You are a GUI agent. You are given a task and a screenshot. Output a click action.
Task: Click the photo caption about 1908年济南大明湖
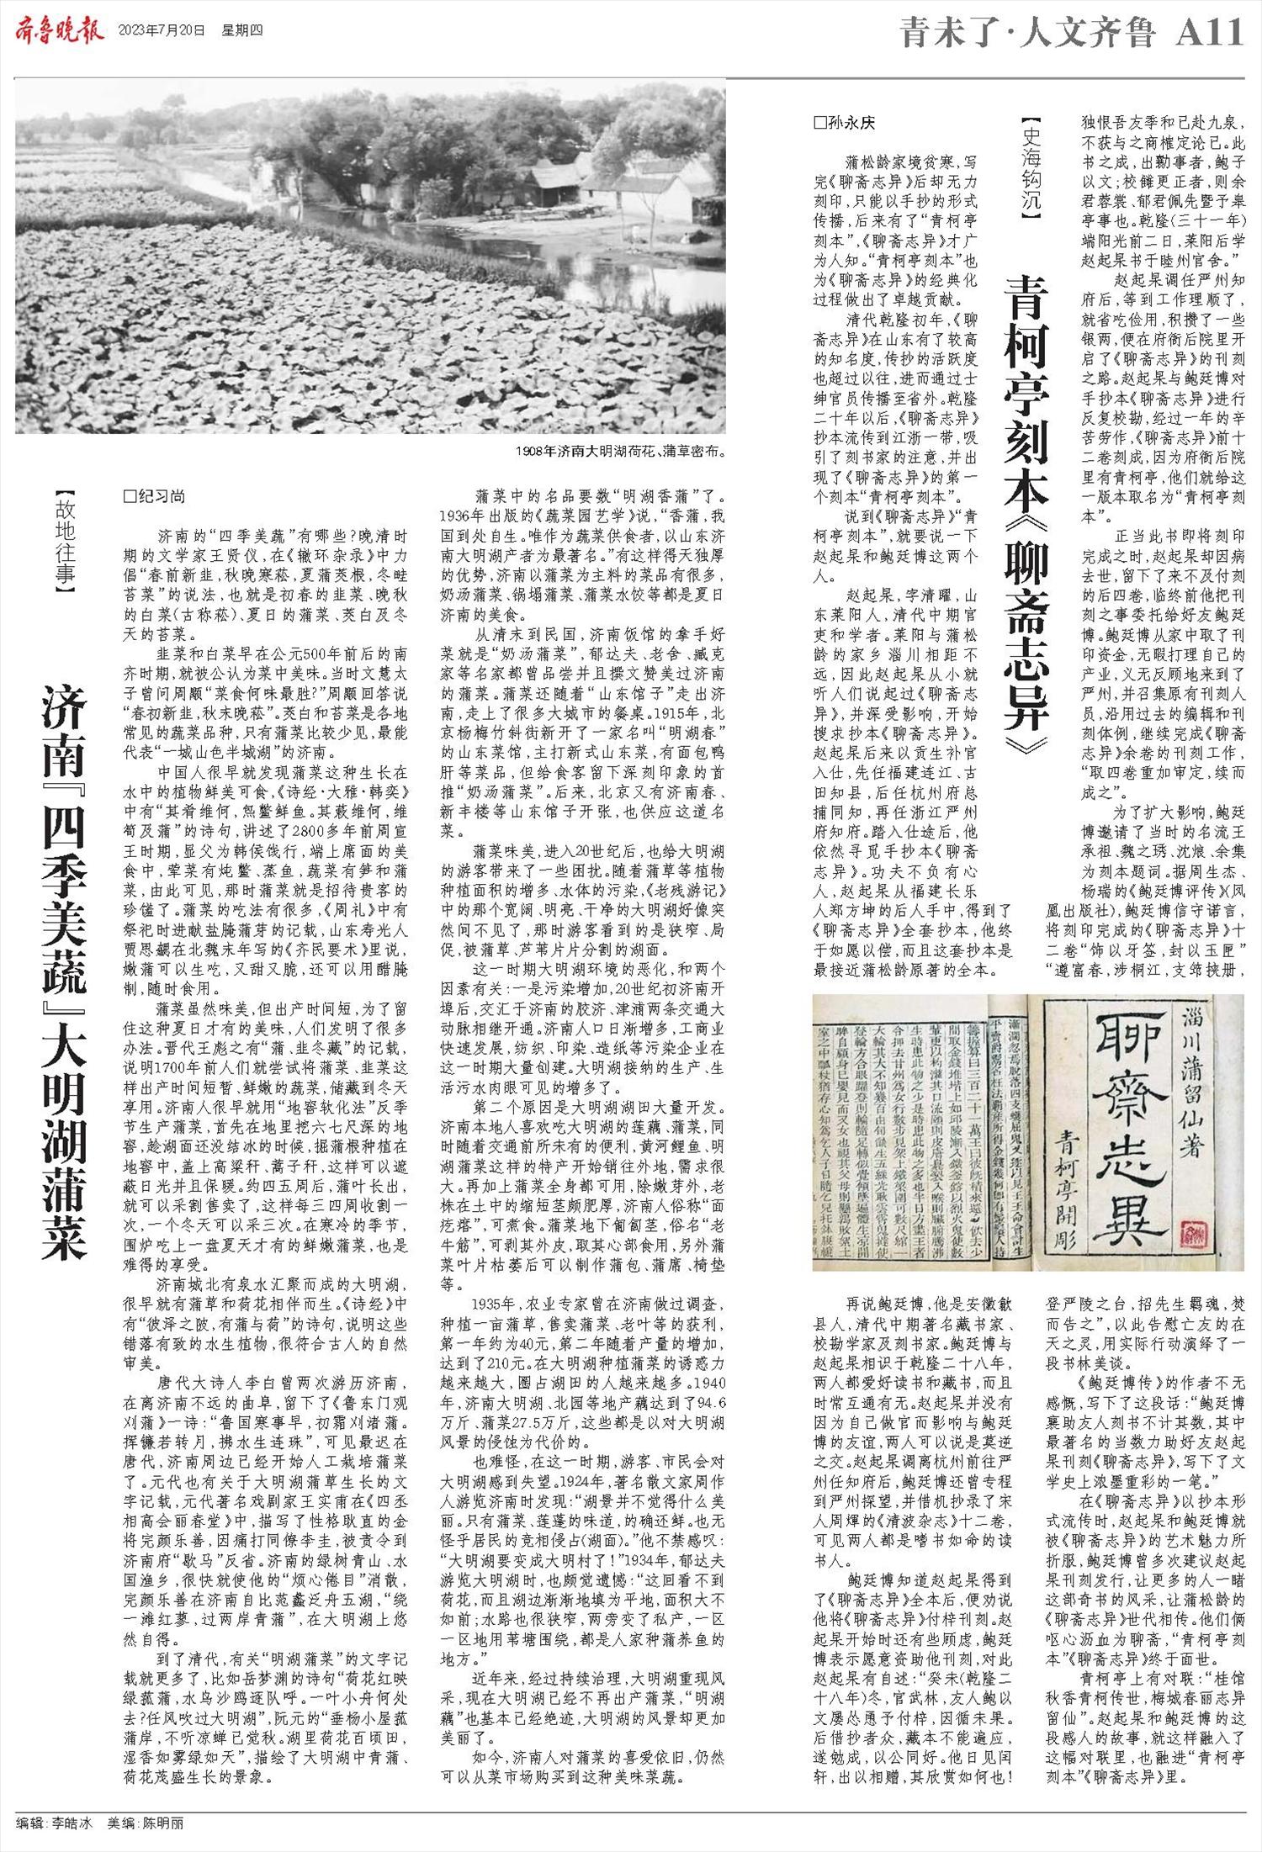[620, 451]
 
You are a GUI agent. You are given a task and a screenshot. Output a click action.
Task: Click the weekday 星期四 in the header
[242, 31]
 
